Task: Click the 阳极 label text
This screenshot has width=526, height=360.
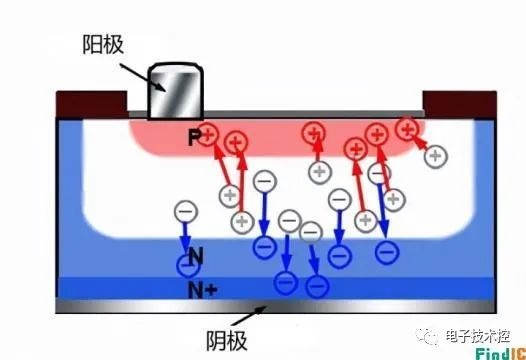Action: (x=103, y=45)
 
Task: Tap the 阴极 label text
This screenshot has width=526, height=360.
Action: (x=227, y=341)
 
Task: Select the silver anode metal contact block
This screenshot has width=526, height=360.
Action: (x=176, y=91)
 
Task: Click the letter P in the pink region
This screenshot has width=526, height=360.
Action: (x=194, y=137)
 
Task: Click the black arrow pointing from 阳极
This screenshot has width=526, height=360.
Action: (x=142, y=77)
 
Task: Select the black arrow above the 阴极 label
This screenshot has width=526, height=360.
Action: (x=249, y=316)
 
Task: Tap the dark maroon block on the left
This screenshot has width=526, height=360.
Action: (x=92, y=104)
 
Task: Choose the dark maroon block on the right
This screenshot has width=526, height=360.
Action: (x=460, y=104)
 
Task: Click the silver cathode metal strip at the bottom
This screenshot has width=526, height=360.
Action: (x=276, y=306)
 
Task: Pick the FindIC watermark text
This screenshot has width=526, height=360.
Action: (x=501, y=354)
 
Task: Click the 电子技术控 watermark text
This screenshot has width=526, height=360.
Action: (x=478, y=336)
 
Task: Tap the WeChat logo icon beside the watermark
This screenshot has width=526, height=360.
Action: (x=427, y=336)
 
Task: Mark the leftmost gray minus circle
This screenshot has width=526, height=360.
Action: (x=186, y=212)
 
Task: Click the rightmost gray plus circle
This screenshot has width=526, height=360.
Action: (x=435, y=156)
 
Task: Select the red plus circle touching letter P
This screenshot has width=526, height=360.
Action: (x=208, y=135)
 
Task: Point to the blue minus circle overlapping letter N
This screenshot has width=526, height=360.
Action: (x=188, y=265)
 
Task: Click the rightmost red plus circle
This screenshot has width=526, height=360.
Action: (x=407, y=129)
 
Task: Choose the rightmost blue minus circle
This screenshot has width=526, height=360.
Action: (x=387, y=252)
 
